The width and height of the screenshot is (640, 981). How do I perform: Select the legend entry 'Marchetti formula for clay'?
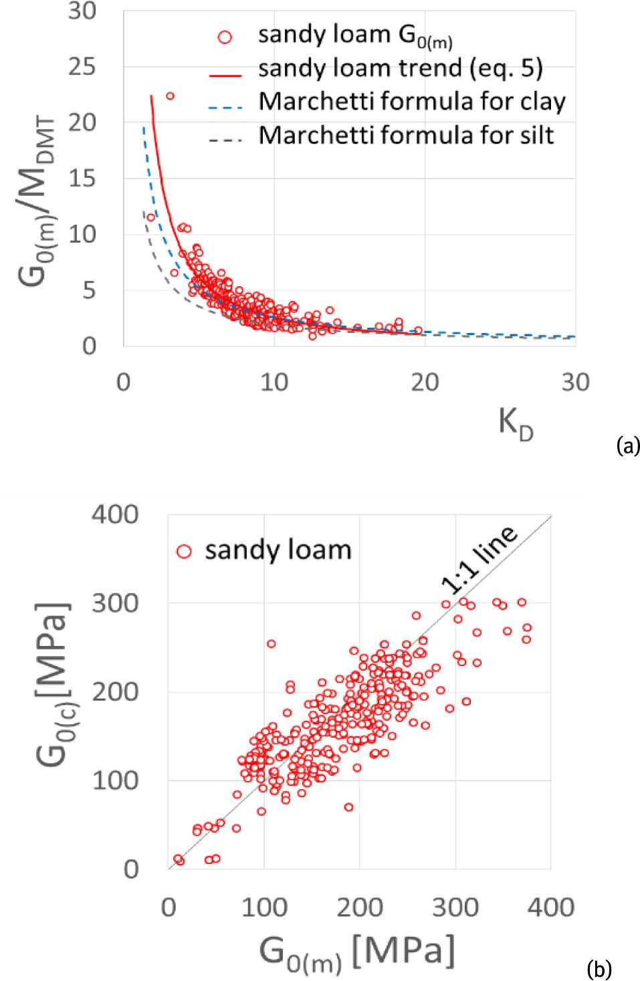tap(412, 102)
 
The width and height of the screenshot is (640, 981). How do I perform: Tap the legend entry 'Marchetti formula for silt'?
tap(406, 135)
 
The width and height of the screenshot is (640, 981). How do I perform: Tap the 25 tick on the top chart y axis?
tap(81, 67)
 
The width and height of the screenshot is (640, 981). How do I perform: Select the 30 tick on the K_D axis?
tap(575, 382)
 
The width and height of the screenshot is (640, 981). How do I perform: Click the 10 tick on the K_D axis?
tap(274, 382)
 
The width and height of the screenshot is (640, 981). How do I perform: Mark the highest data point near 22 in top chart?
tap(170, 96)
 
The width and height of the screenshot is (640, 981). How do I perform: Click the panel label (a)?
tap(627, 445)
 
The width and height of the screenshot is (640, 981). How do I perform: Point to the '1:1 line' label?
tap(479, 558)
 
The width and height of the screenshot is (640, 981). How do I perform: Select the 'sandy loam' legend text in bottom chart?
tap(278, 550)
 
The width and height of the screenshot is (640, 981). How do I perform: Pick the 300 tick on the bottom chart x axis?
tap(455, 907)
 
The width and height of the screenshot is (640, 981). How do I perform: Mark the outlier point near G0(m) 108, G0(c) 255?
tap(272, 644)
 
